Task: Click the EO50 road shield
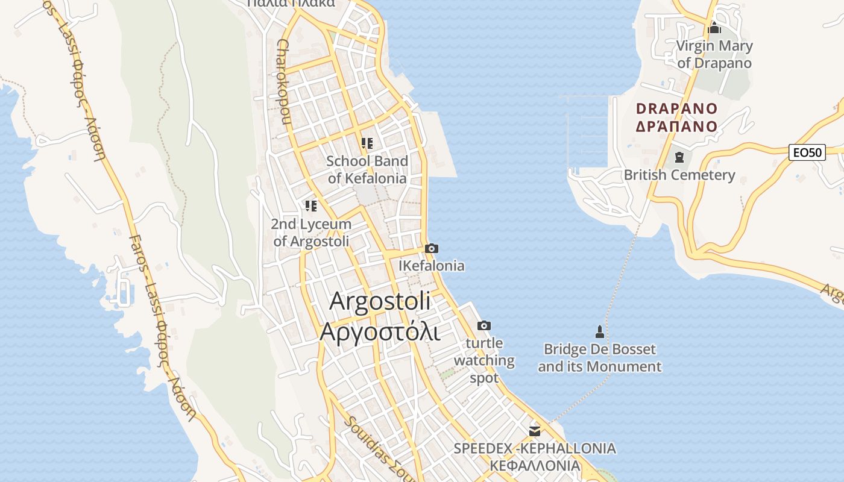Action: (x=807, y=152)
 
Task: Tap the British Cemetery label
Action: (x=679, y=175)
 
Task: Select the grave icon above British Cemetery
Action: (x=679, y=158)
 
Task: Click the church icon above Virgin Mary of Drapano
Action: (x=714, y=28)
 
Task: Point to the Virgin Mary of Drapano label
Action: (x=714, y=54)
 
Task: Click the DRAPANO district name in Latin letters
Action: (x=677, y=109)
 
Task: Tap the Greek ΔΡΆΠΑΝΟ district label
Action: (x=677, y=127)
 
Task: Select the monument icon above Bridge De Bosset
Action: (x=599, y=331)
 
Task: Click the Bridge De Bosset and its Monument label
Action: (x=599, y=358)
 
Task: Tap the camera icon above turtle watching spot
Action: (x=484, y=326)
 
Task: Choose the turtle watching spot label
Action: (x=484, y=360)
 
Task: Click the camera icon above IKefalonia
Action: (x=431, y=248)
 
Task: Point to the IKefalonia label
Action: (x=432, y=266)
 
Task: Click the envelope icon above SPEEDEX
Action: (x=534, y=431)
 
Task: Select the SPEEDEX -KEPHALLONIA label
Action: (x=535, y=449)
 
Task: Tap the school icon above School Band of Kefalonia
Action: (x=367, y=143)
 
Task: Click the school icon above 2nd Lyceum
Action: (x=310, y=206)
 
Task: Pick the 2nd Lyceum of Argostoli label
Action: (x=311, y=233)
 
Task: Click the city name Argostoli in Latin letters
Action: (x=380, y=301)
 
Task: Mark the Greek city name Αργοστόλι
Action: (x=380, y=331)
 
